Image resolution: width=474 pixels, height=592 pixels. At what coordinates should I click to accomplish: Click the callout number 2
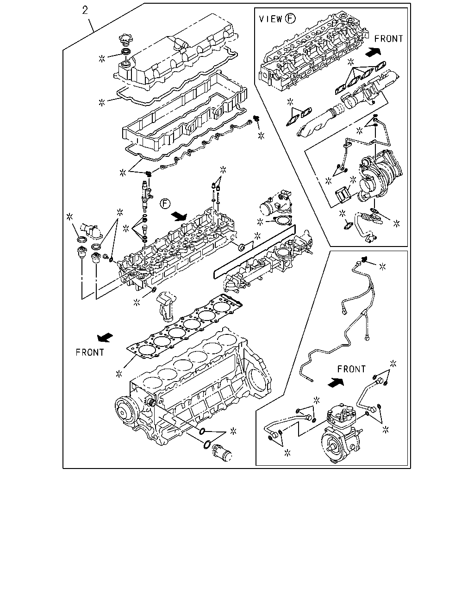click(x=85, y=10)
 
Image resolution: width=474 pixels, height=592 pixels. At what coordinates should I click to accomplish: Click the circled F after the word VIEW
click(x=290, y=18)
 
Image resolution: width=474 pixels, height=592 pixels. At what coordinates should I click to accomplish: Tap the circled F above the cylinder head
click(x=165, y=204)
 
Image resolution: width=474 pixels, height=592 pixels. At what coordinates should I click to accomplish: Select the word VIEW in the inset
click(x=271, y=19)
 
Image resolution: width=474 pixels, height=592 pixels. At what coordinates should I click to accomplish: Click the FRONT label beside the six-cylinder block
click(x=90, y=352)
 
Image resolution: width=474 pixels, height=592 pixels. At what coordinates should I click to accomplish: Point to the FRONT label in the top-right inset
click(x=389, y=39)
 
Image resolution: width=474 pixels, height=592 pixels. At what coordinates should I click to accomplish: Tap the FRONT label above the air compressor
click(x=351, y=369)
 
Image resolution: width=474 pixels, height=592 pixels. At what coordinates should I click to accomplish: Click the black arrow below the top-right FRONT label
click(x=373, y=51)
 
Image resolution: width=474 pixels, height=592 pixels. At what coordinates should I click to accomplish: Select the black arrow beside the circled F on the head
click(x=179, y=216)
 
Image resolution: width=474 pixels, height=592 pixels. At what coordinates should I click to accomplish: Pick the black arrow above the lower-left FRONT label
click(x=105, y=338)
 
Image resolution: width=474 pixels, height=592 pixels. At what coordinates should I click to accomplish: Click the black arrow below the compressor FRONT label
click(x=336, y=382)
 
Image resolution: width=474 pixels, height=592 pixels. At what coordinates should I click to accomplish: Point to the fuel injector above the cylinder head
click(x=145, y=196)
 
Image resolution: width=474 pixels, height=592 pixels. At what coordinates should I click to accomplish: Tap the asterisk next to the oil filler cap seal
click(x=102, y=58)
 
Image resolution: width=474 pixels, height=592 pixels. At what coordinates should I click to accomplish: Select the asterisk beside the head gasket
click(x=119, y=374)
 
